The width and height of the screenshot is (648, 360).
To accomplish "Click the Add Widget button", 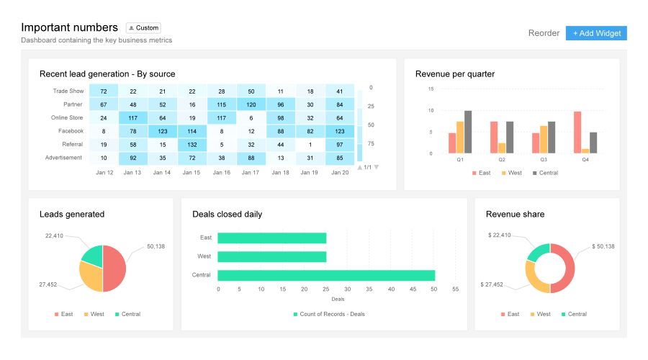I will [x=596, y=33].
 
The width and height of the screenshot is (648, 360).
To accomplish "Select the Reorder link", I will [x=544, y=33].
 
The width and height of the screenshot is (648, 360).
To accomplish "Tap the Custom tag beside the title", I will [x=143, y=28].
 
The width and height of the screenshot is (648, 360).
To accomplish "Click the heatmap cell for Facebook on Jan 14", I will [x=163, y=131].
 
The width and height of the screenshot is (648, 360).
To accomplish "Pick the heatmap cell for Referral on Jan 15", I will [x=192, y=145].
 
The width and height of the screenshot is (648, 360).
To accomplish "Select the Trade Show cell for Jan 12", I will [x=104, y=91].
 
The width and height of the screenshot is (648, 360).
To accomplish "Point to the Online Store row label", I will [x=67, y=118].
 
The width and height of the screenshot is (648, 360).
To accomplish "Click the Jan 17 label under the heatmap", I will [x=251, y=173].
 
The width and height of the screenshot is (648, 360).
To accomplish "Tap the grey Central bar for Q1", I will [x=468, y=132].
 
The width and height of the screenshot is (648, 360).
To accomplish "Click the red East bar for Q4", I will [x=577, y=132].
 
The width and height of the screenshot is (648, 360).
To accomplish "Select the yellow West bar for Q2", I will [x=502, y=148].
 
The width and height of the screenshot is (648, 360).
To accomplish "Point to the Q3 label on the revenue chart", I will [x=544, y=160].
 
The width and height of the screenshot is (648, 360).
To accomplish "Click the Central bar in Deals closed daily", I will [x=326, y=275].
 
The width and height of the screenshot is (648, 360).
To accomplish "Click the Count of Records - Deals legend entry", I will [x=328, y=314].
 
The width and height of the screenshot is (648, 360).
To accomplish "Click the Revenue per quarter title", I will [x=455, y=73].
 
